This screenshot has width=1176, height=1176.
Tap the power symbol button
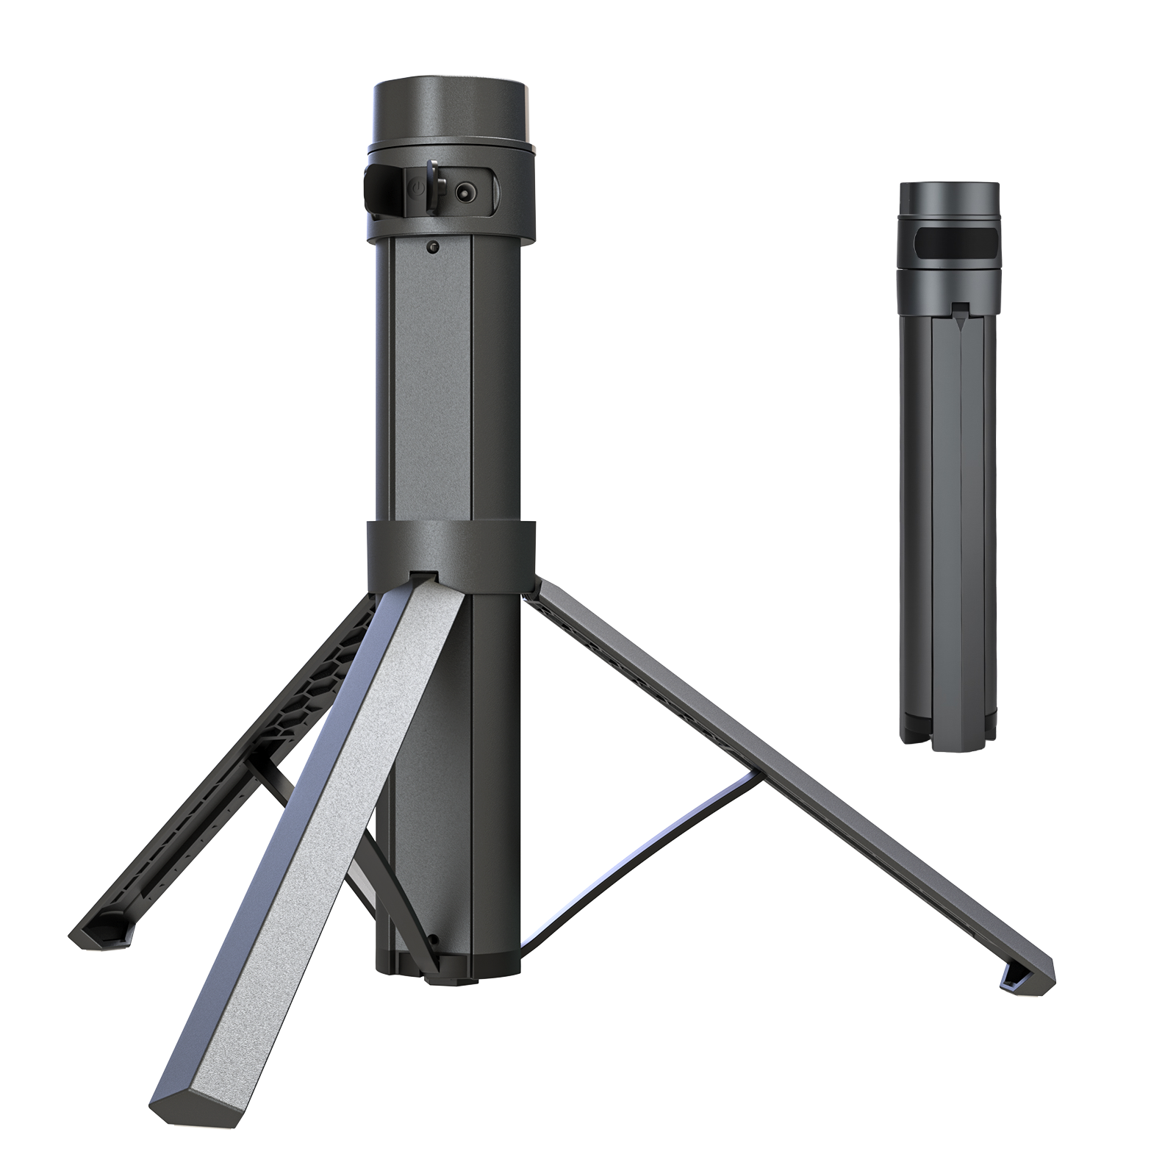point(416,190)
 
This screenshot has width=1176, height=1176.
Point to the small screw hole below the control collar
point(434,248)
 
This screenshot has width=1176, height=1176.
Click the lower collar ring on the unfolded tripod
point(451,548)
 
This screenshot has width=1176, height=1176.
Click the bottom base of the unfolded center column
point(448,970)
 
